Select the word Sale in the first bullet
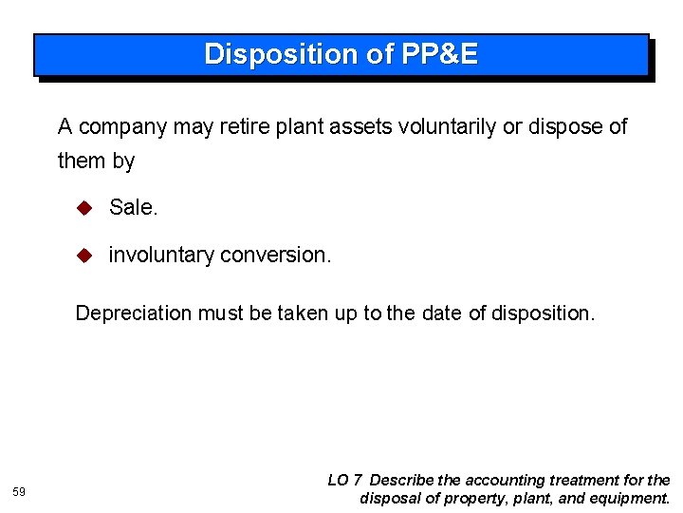(133, 207)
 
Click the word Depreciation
(133, 313)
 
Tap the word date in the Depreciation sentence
(441, 313)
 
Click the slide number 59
(19, 491)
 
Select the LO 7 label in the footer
(344, 481)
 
